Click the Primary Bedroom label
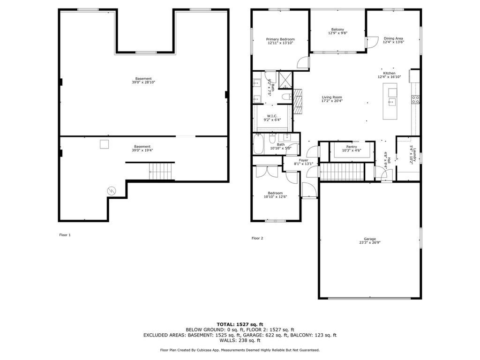(280, 39)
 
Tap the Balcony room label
(337, 30)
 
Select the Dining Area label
(393, 38)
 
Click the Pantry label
(352, 147)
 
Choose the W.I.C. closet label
(272, 116)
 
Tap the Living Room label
(332, 97)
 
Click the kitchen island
(390, 101)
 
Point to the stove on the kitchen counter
(415, 99)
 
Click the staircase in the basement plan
(160, 171)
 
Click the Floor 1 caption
(65, 235)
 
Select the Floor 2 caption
(257, 238)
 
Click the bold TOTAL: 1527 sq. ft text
(240, 324)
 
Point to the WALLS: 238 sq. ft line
(240, 340)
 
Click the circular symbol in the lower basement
(112, 190)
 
